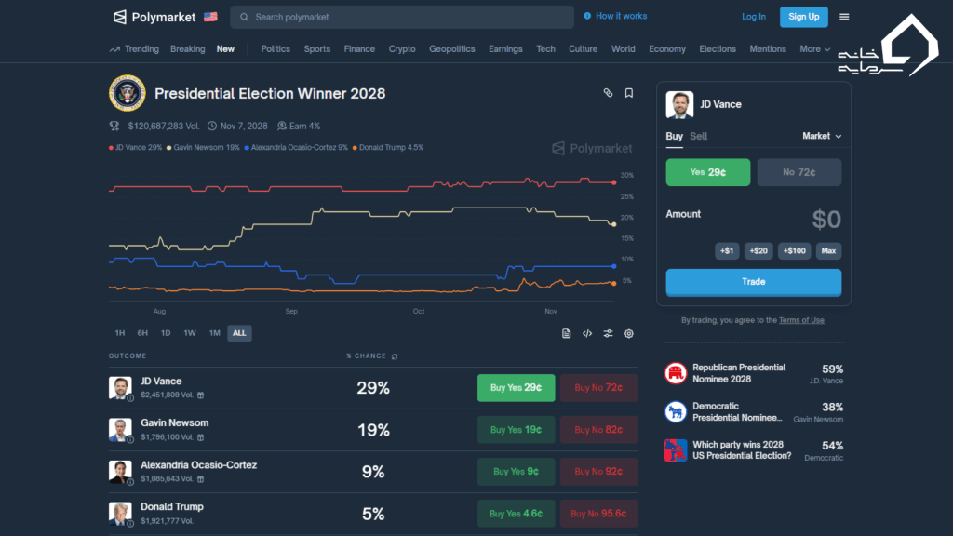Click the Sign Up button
[803, 17]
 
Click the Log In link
[754, 17]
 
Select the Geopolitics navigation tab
[451, 49]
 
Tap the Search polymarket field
[402, 17]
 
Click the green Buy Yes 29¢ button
[516, 388]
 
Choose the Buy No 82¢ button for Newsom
[598, 430]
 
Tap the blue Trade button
[753, 282]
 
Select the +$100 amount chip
[795, 250]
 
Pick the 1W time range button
[190, 333]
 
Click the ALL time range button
[239, 333]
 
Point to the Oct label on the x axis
[419, 311]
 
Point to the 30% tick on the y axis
[627, 175]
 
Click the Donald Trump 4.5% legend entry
[391, 148]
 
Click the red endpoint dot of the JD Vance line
[614, 182]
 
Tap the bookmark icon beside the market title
[629, 93]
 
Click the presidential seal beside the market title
[127, 93]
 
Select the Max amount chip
[828, 250]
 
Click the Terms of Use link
[801, 320]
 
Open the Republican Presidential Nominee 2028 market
[739, 373]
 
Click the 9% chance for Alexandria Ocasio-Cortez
[373, 472]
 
